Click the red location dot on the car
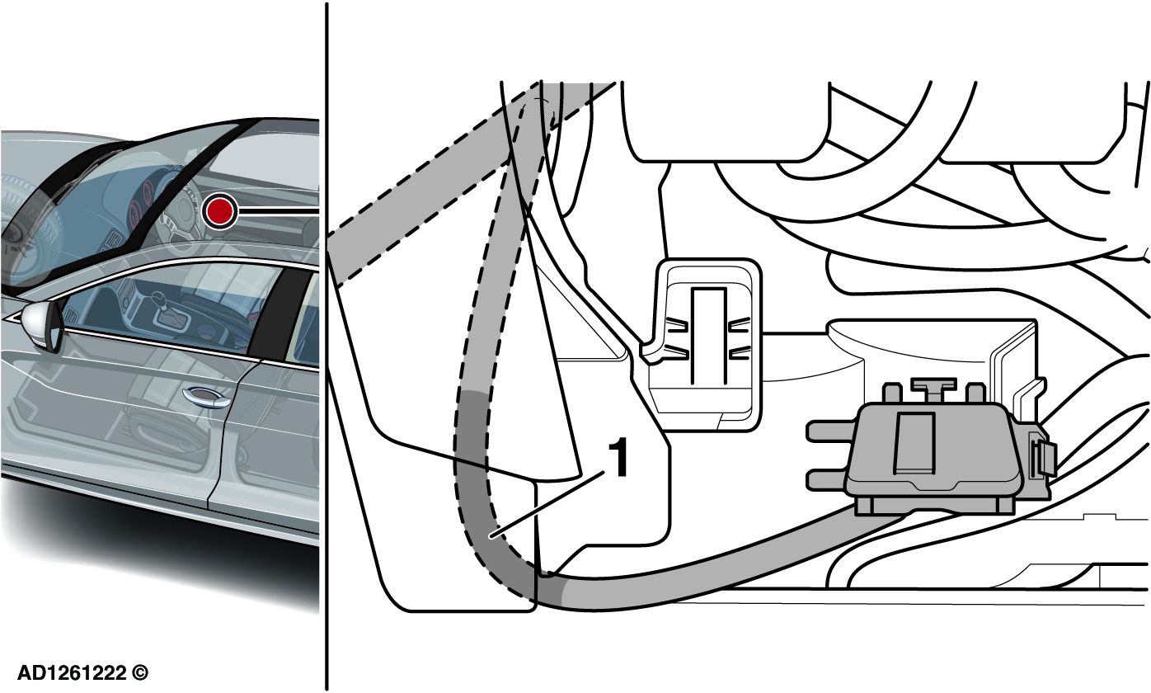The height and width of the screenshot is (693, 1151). pos(219,211)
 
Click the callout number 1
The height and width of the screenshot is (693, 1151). pos(618,459)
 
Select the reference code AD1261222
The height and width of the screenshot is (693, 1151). pos(71,673)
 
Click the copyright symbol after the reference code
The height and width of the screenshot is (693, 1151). pos(142,673)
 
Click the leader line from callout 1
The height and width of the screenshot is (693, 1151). pos(544,507)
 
